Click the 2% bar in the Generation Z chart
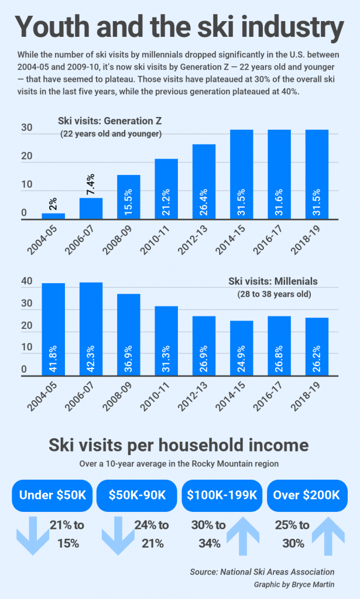53,216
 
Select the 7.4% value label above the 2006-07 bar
91,184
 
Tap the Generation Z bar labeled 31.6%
279,174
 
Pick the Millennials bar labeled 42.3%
91,329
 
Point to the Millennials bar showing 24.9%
242,348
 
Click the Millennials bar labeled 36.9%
128,335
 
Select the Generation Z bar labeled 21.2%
166,189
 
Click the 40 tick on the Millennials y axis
27,281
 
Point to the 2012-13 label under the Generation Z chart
193,239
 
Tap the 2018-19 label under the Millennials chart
306,396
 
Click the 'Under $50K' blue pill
52,495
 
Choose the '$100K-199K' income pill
222,495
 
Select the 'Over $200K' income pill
307,495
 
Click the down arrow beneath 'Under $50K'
33,536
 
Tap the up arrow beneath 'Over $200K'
328,536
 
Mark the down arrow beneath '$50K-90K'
118,536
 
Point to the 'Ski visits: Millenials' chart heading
273,281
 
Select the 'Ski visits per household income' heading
179,445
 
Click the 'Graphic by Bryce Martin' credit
294,584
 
